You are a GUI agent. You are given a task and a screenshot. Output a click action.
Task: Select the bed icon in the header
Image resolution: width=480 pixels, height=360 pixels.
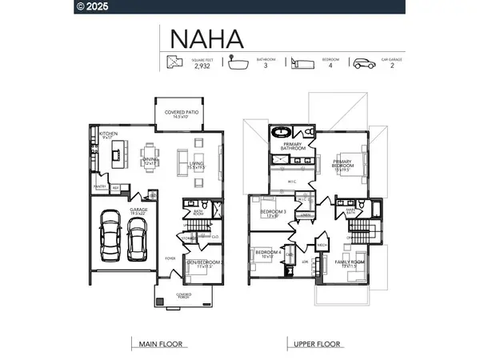[299, 64]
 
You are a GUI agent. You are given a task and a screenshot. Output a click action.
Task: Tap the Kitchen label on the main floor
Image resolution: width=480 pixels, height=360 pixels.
[109, 134]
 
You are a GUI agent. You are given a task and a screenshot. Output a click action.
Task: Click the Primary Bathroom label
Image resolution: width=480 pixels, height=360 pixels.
[291, 146]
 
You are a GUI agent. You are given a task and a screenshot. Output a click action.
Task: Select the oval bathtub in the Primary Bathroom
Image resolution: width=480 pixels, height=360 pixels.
[281, 130]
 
